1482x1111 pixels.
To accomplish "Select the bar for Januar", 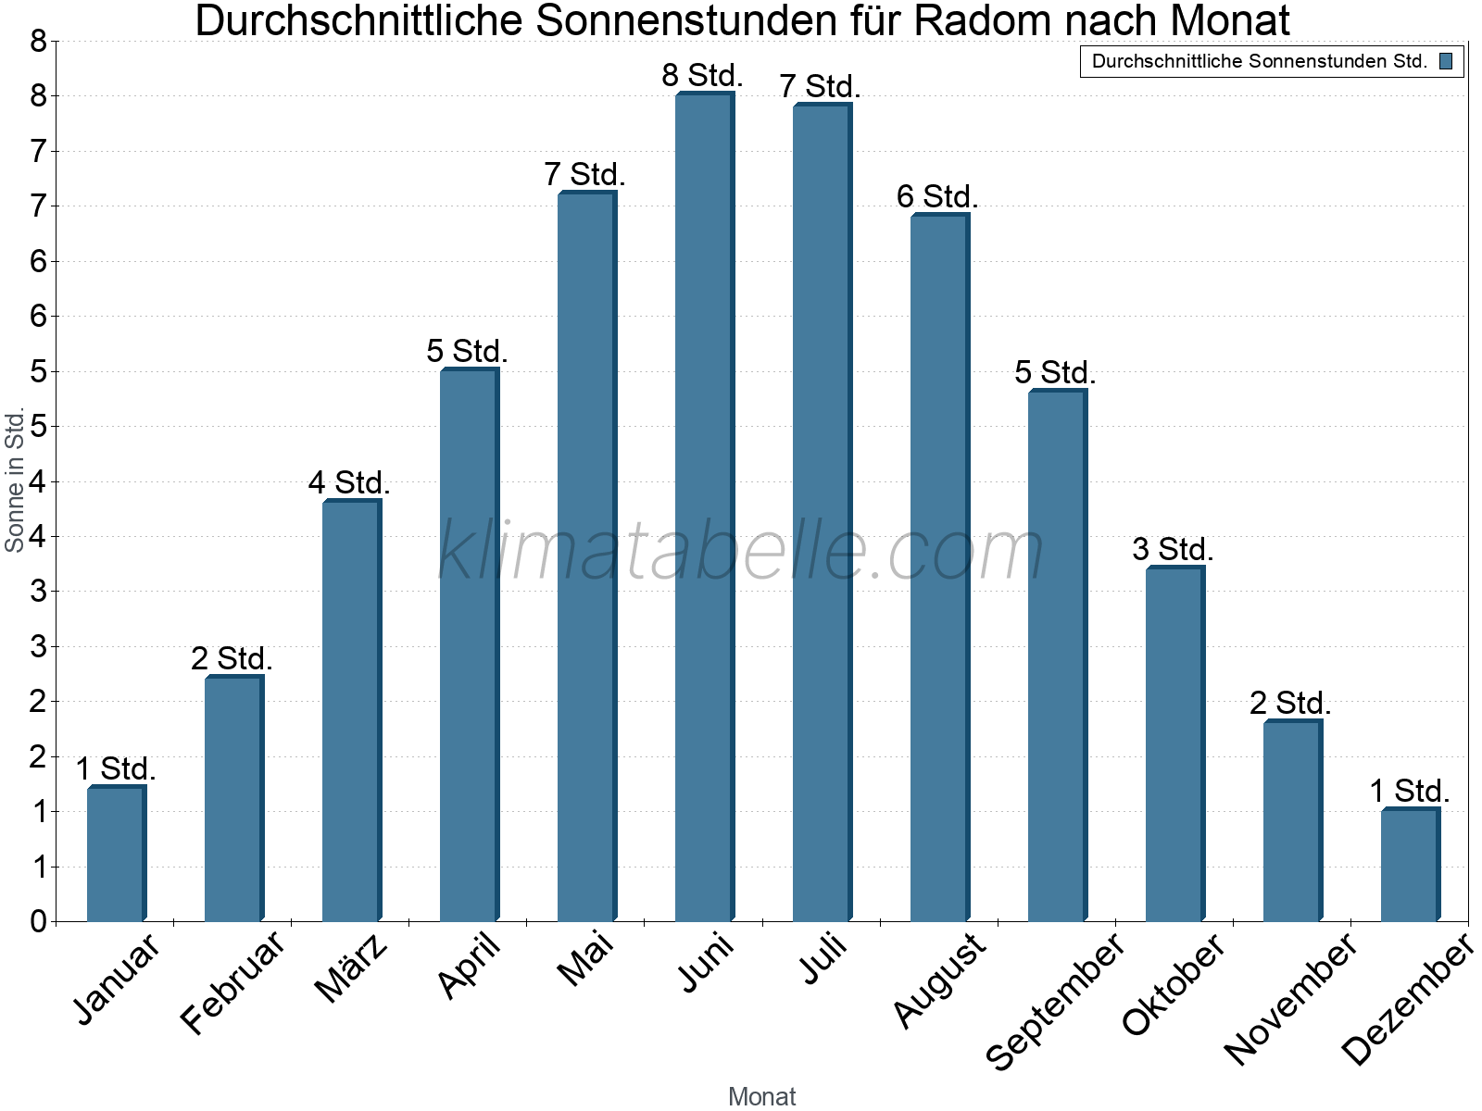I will click(116, 854).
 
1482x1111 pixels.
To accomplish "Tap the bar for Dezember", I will click(1410, 865).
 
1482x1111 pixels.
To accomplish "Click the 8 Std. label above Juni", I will click(702, 75).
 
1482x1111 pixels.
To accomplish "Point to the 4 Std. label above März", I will click(349, 482).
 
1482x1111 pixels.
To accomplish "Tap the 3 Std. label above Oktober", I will click(1173, 549).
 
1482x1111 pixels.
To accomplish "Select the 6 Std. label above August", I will click(937, 196).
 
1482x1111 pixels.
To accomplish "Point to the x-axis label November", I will click(1290, 998).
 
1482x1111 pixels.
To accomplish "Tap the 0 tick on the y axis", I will click(38, 921).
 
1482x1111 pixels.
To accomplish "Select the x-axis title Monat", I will click(761, 1096).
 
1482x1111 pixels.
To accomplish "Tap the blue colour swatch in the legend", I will click(1446, 61).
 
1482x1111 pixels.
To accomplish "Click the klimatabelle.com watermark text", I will click(741, 551).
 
